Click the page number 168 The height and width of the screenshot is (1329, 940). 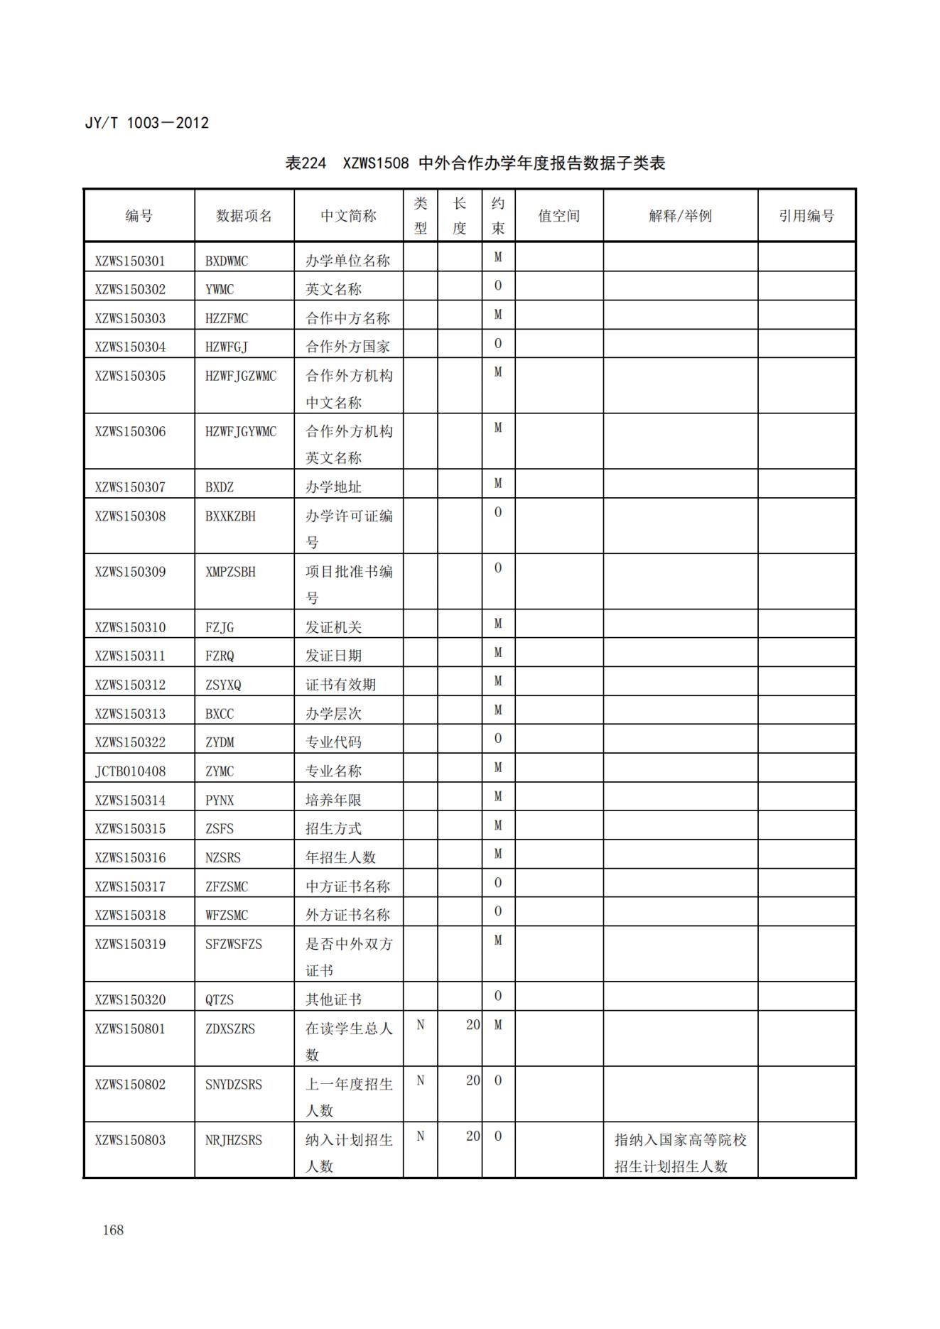(113, 1230)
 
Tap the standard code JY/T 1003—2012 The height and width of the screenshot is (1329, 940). (147, 123)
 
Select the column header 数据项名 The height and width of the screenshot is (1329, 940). (244, 216)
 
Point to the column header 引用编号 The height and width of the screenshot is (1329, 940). (806, 216)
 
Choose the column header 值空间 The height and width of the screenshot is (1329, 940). (559, 216)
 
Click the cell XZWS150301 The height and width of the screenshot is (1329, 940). (130, 261)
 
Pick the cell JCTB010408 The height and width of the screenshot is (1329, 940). (130, 771)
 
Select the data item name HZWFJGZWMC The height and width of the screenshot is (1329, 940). (241, 376)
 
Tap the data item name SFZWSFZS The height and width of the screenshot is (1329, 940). (234, 944)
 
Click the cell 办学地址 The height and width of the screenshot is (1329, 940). (333, 487)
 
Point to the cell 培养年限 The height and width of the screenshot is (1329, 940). (333, 801)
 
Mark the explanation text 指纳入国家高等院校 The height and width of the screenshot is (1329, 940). (680, 1140)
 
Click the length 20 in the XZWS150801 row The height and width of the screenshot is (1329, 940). (472, 1025)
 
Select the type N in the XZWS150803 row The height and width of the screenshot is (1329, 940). (420, 1137)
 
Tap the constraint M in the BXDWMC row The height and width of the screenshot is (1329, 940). (498, 257)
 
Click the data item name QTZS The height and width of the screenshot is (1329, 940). (220, 1000)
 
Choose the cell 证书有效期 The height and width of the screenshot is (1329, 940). (340, 685)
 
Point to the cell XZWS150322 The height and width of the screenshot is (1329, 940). (130, 742)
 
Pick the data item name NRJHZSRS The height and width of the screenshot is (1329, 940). (234, 1140)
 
